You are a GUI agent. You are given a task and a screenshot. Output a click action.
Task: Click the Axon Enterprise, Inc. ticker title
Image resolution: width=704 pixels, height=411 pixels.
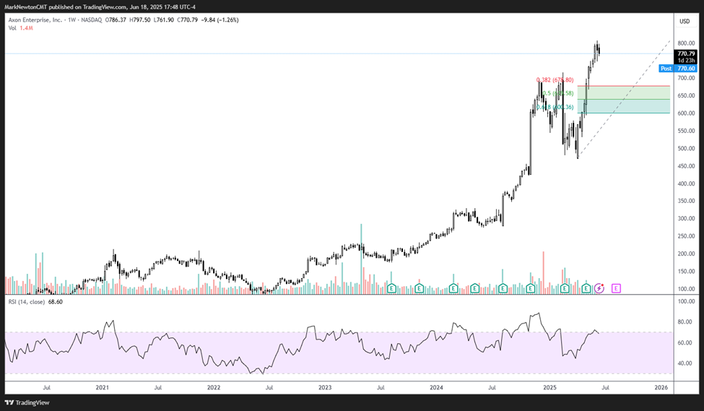pyautogui.click(x=36, y=20)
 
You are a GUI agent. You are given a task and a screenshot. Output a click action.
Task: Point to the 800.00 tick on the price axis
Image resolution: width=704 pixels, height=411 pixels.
pyautogui.click(x=685, y=43)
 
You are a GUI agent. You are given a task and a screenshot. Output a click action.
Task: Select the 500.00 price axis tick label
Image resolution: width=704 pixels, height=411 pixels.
pyautogui.click(x=685, y=149)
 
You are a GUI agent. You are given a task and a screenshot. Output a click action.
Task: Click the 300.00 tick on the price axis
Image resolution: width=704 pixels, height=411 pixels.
pyautogui.click(x=685, y=219)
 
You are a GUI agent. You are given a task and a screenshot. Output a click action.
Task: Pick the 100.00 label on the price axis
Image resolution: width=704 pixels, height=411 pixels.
pyautogui.click(x=685, y=289)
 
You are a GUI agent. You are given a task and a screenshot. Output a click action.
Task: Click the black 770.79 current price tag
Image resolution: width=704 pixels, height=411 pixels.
pyautogui.click(x=685, y=53)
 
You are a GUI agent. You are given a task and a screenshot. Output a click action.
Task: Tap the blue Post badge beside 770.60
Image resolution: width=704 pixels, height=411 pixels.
pyautogui.click(x=666, y=68)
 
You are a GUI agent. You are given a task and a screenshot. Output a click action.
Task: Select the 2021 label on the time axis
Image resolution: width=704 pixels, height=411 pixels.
pyautogui.click(x=102, y=388)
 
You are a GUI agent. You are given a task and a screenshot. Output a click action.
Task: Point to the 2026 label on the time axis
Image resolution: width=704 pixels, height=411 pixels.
pyautogui.click(x=660, y=388)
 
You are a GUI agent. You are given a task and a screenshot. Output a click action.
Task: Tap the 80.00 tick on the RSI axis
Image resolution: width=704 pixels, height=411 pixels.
pyautogui.click(x=685, y=322)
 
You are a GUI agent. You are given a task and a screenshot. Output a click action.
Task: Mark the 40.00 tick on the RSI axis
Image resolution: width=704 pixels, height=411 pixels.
pyautogui.click(x=685, y=363)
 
